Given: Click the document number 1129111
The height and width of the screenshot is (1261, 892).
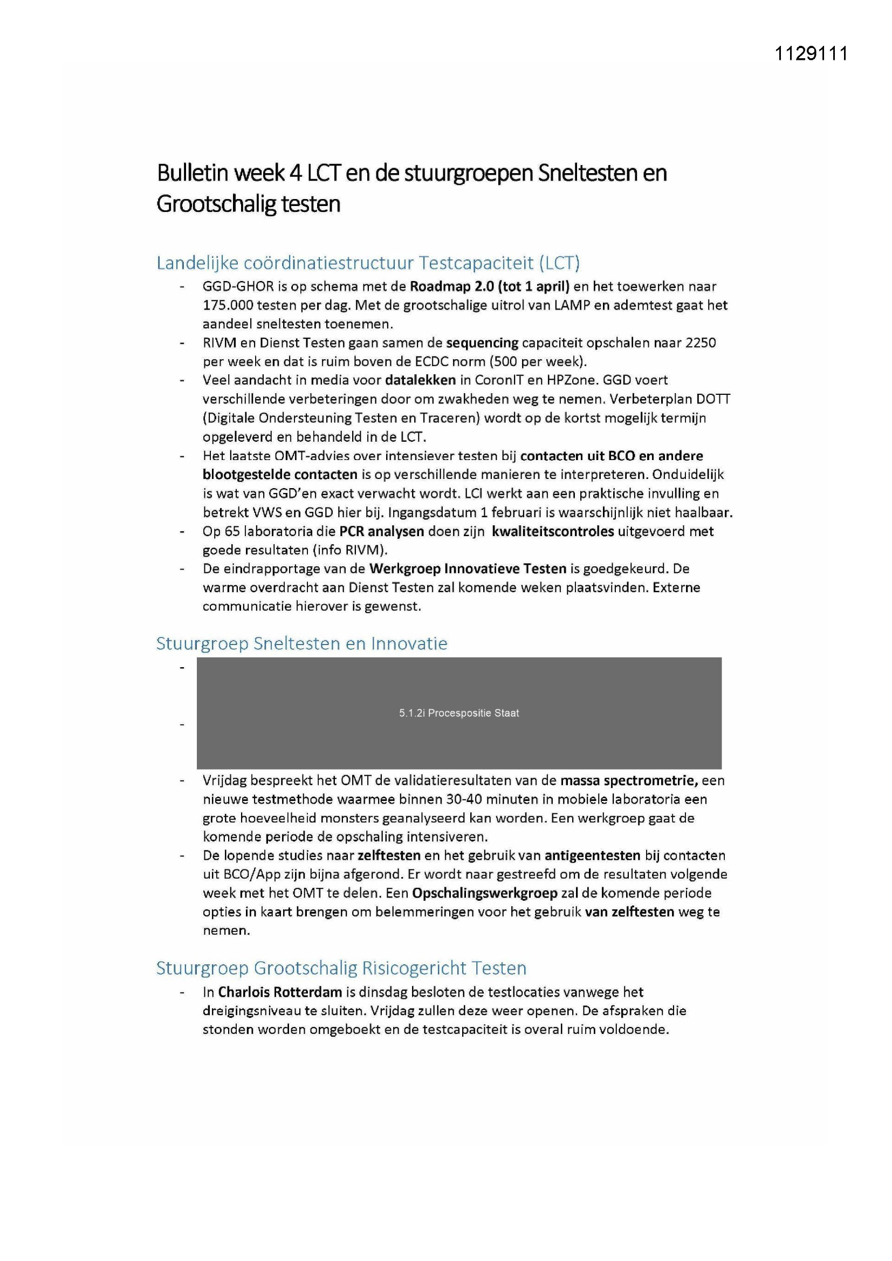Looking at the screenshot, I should tap(811, 54).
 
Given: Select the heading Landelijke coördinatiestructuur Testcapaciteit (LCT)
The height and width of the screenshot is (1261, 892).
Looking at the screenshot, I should tap(367, 263).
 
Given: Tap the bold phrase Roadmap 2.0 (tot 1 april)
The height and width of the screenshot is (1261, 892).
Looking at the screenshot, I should tap(489, 286).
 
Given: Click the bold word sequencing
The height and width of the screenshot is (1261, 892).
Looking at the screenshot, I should tap(482, 342).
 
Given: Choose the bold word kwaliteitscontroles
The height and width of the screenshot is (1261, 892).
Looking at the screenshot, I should tap(553, 531).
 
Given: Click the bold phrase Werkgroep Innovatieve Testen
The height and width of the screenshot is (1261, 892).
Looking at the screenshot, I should tap(468, 568).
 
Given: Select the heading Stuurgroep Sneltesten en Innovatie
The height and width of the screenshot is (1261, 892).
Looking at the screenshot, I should tap(301, 643).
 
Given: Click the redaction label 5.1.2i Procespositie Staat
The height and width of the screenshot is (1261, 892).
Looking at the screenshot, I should tap(458, 713).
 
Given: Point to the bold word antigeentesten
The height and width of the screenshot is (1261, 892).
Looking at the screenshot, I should tap(592, 855).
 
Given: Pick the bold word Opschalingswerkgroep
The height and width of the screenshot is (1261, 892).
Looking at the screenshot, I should tap(484, 893).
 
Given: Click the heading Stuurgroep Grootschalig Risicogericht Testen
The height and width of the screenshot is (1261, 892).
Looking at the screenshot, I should tap(341, 968).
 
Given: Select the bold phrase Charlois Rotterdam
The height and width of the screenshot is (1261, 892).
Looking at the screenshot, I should tap(279, 992).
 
